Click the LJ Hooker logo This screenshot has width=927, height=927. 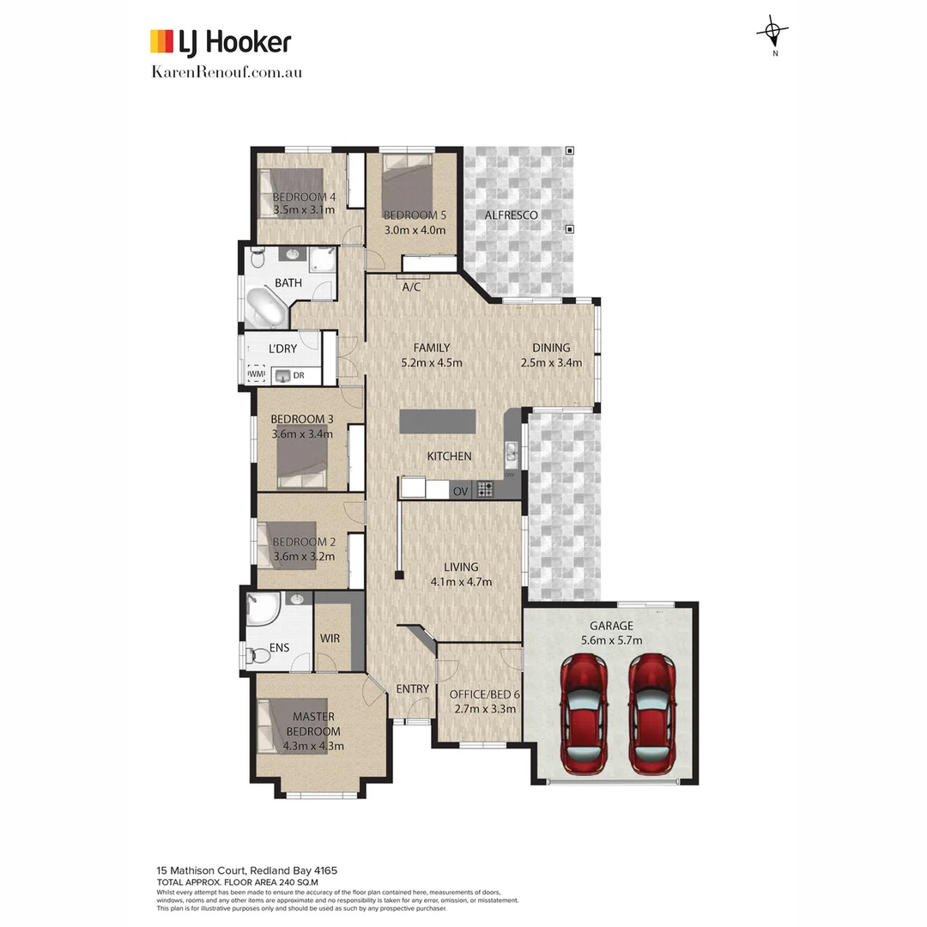tap(221, 42)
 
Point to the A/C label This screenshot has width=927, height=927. tap(412, 288)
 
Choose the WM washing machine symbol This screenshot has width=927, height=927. tap(257, 374)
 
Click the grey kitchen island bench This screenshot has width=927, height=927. tap(437, 421)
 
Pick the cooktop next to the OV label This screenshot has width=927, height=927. tap(485, 490)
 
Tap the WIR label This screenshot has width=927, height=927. tap(330, 639)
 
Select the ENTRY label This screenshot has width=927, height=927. tap(412, 689)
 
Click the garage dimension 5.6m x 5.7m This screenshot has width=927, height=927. tap(610, 640)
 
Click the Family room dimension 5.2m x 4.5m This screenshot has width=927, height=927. tap(432, 363)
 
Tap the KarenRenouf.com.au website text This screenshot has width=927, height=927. tap(226, 72)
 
